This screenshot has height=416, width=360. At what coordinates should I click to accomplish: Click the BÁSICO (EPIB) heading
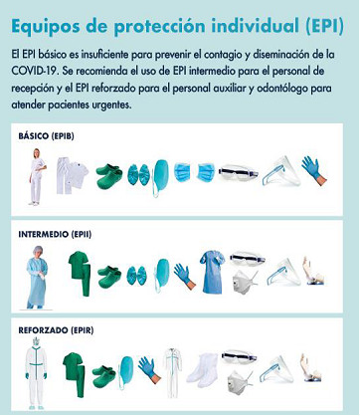[x=46, y=136]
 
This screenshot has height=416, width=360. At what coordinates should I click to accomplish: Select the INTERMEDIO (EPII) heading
[x=55, y=234]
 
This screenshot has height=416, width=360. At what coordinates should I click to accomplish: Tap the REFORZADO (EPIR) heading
[x=56, y=330]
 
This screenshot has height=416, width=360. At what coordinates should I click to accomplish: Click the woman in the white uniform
[x=37, y=176]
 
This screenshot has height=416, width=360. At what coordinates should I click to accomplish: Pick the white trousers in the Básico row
[x=63, y=176]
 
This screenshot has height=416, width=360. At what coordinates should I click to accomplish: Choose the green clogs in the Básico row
[x=109, y=175]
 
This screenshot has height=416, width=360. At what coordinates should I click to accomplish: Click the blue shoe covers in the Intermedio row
[x=136, y=275]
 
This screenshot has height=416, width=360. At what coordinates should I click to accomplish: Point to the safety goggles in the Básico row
[x=238, y=172]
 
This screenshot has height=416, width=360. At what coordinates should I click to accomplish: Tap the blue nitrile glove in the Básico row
[x=313, y=170]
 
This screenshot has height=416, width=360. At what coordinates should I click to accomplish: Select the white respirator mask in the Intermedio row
[x=244, y=282]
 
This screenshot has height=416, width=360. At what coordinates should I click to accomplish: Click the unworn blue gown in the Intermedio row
[x=212, y=273]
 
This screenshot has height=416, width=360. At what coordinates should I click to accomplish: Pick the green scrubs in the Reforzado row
[x=75, y=373]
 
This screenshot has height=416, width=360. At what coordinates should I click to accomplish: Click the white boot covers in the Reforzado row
[x=203, y=370]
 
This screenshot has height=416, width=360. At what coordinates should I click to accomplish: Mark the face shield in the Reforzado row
[x=276, y=369]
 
